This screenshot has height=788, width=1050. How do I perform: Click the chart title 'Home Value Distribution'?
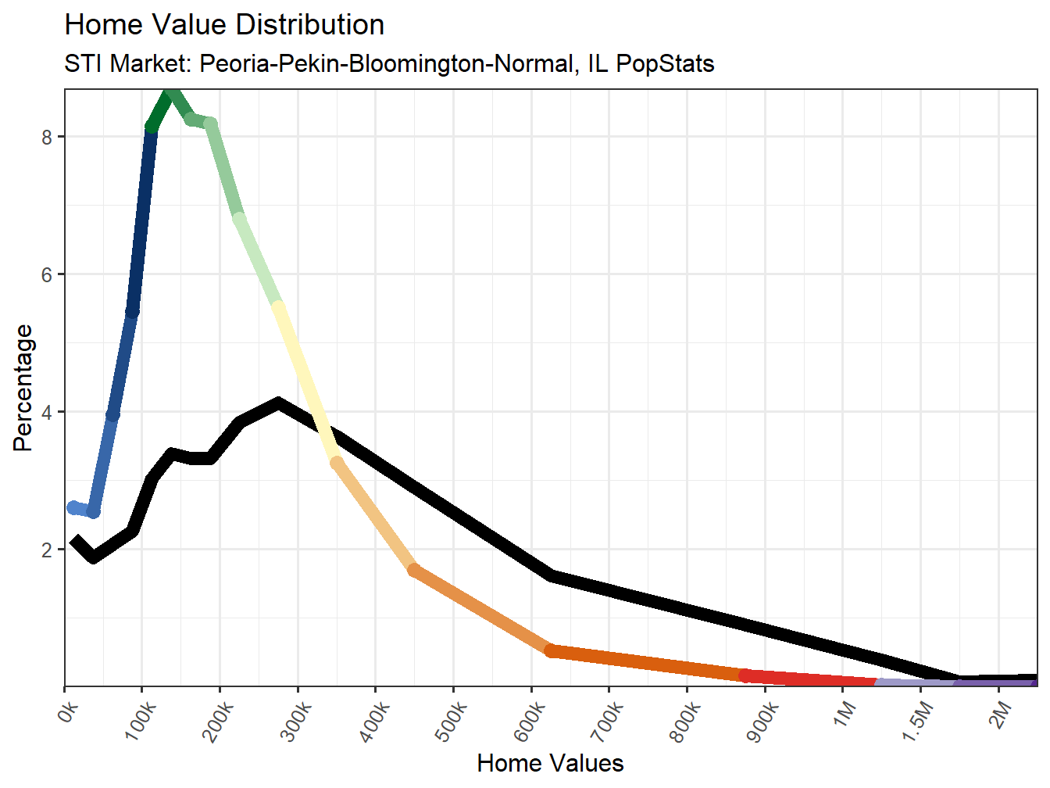point(224,25)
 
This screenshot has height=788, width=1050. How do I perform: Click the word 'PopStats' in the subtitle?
point(665,63)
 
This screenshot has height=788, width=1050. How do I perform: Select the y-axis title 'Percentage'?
point(23,388)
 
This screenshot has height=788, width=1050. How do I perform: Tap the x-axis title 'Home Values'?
point(550,763)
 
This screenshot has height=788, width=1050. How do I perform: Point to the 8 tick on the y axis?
point(47,137)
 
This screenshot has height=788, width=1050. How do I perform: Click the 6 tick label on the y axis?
point(47,274)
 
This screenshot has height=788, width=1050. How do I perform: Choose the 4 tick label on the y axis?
point(47,412)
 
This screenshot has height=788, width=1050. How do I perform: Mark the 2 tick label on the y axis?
point(47,550)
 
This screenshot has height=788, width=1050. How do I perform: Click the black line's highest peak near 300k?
point(278,403)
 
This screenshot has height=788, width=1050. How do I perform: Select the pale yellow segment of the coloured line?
point(306,383)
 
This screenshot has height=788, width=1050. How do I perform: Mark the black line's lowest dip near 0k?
point(93,557)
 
